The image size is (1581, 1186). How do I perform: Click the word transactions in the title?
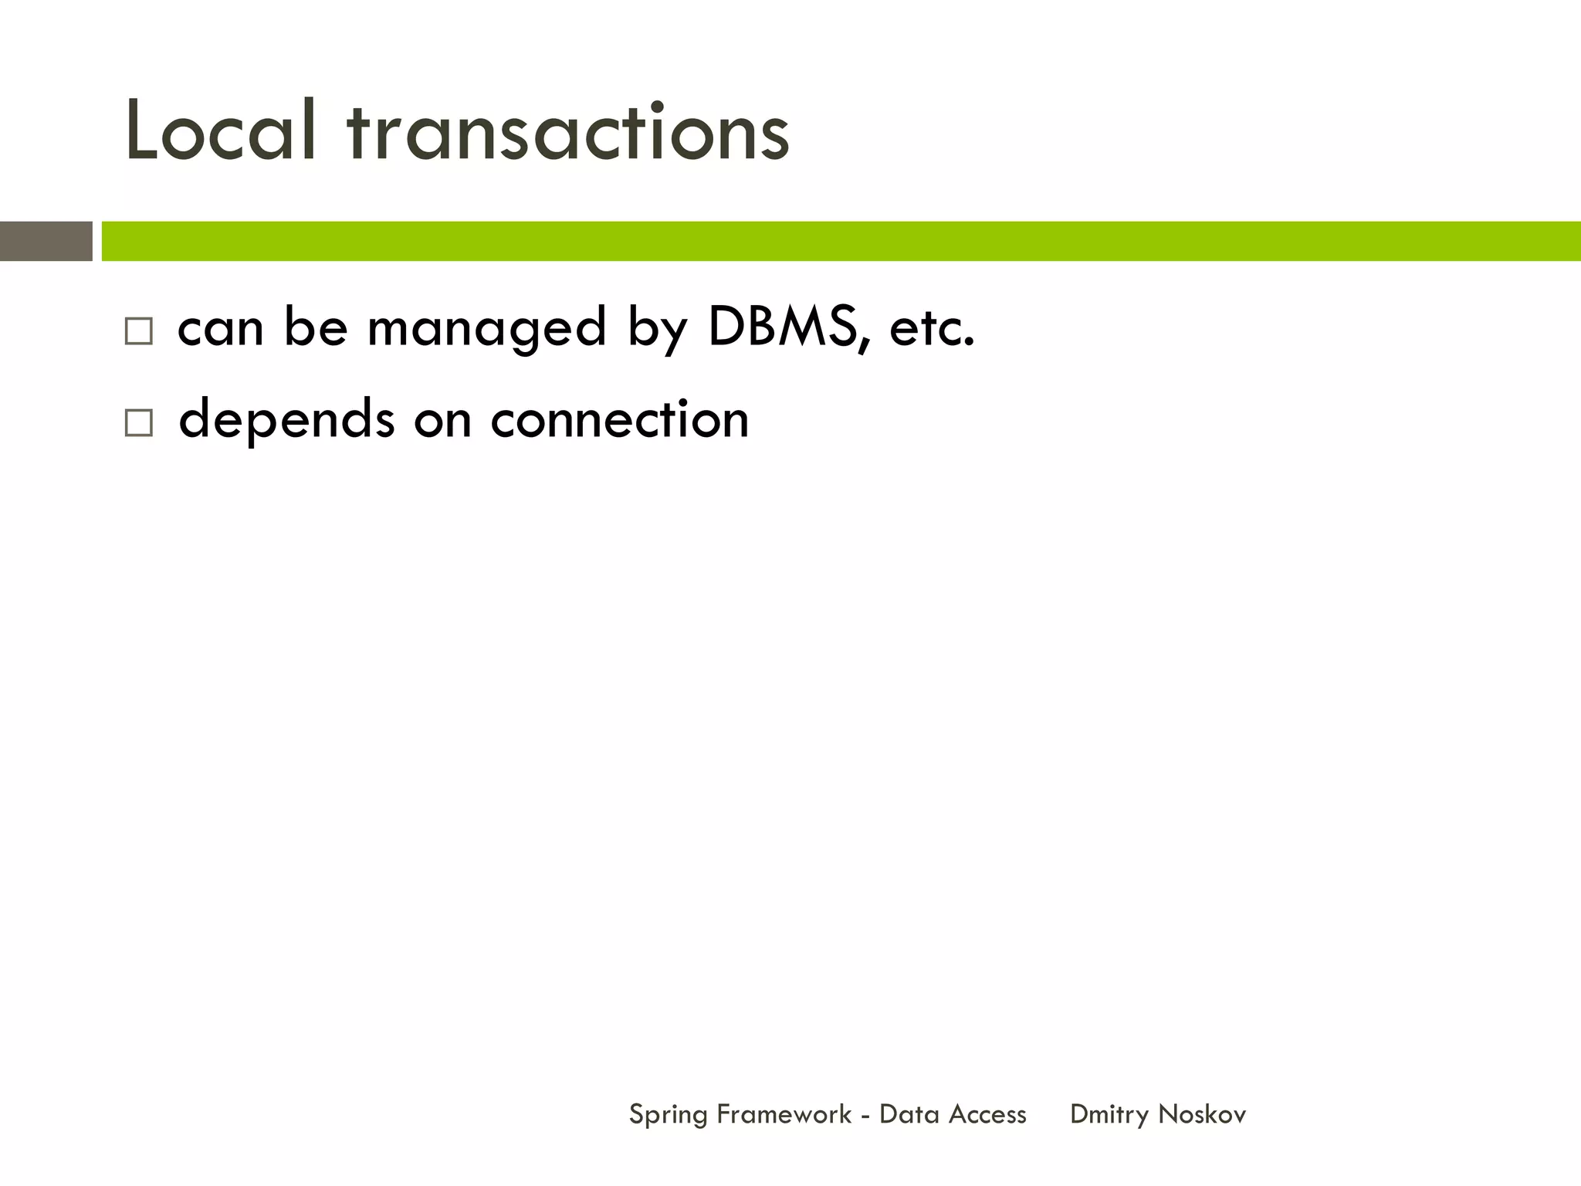coord(568,133)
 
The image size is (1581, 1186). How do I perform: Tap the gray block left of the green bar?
coord(46,241)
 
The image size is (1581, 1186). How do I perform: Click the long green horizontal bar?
coord(841,241)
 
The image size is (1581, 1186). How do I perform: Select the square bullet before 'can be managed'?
coord(139,332)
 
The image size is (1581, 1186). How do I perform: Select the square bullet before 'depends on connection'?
coord(139,423)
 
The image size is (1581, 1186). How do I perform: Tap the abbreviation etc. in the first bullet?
coord(932,328)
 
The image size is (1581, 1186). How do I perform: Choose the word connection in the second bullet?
coord(619,419)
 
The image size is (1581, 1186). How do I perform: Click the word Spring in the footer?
coord(668,1115)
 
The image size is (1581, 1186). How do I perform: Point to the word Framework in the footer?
coord(784,1114)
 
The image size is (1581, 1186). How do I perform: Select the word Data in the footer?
coord(909,1114)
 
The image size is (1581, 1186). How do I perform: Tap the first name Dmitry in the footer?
coord(1109,1115)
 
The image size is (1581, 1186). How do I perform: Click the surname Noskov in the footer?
coord(1202,1114)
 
